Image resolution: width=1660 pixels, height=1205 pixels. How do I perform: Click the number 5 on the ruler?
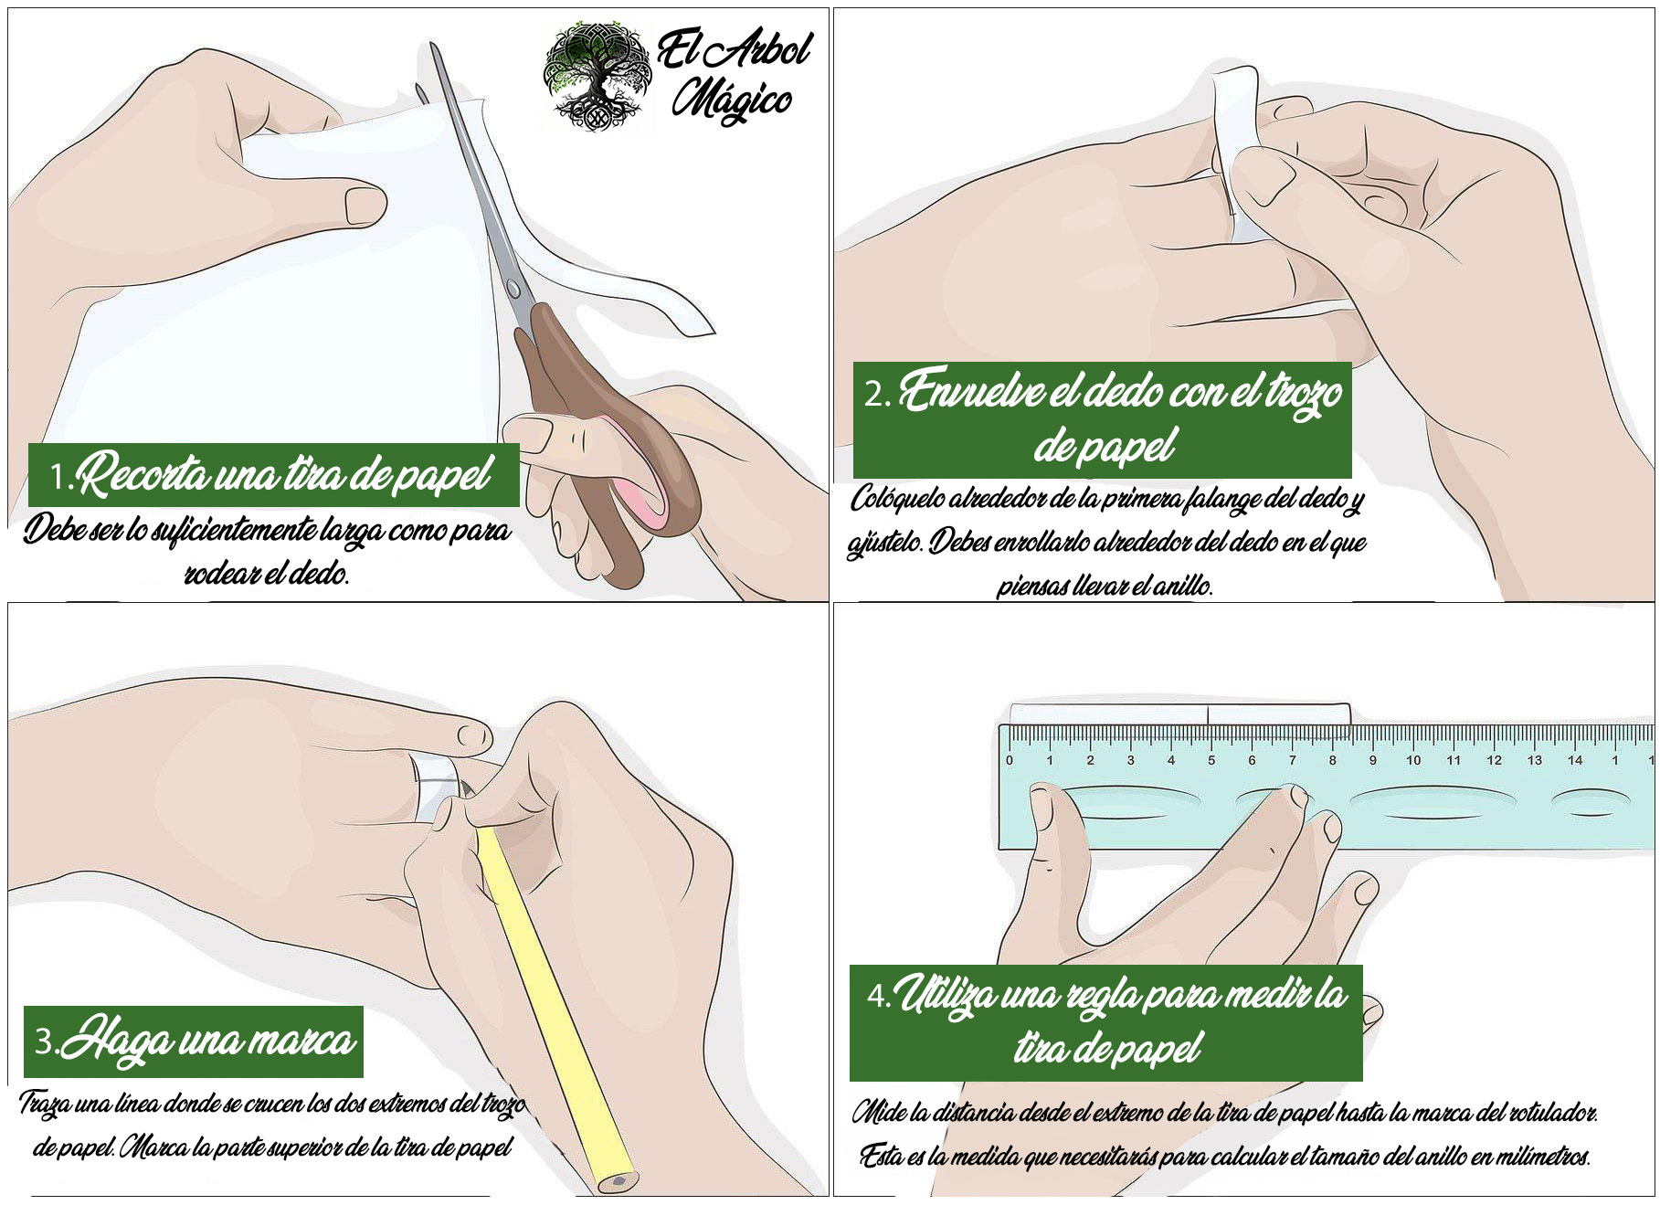(1211, 760)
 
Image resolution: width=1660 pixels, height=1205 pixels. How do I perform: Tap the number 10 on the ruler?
(1412, 760)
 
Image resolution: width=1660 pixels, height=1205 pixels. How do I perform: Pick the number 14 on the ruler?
(1575, 760)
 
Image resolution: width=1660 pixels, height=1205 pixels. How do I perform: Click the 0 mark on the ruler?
(1010, 760)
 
